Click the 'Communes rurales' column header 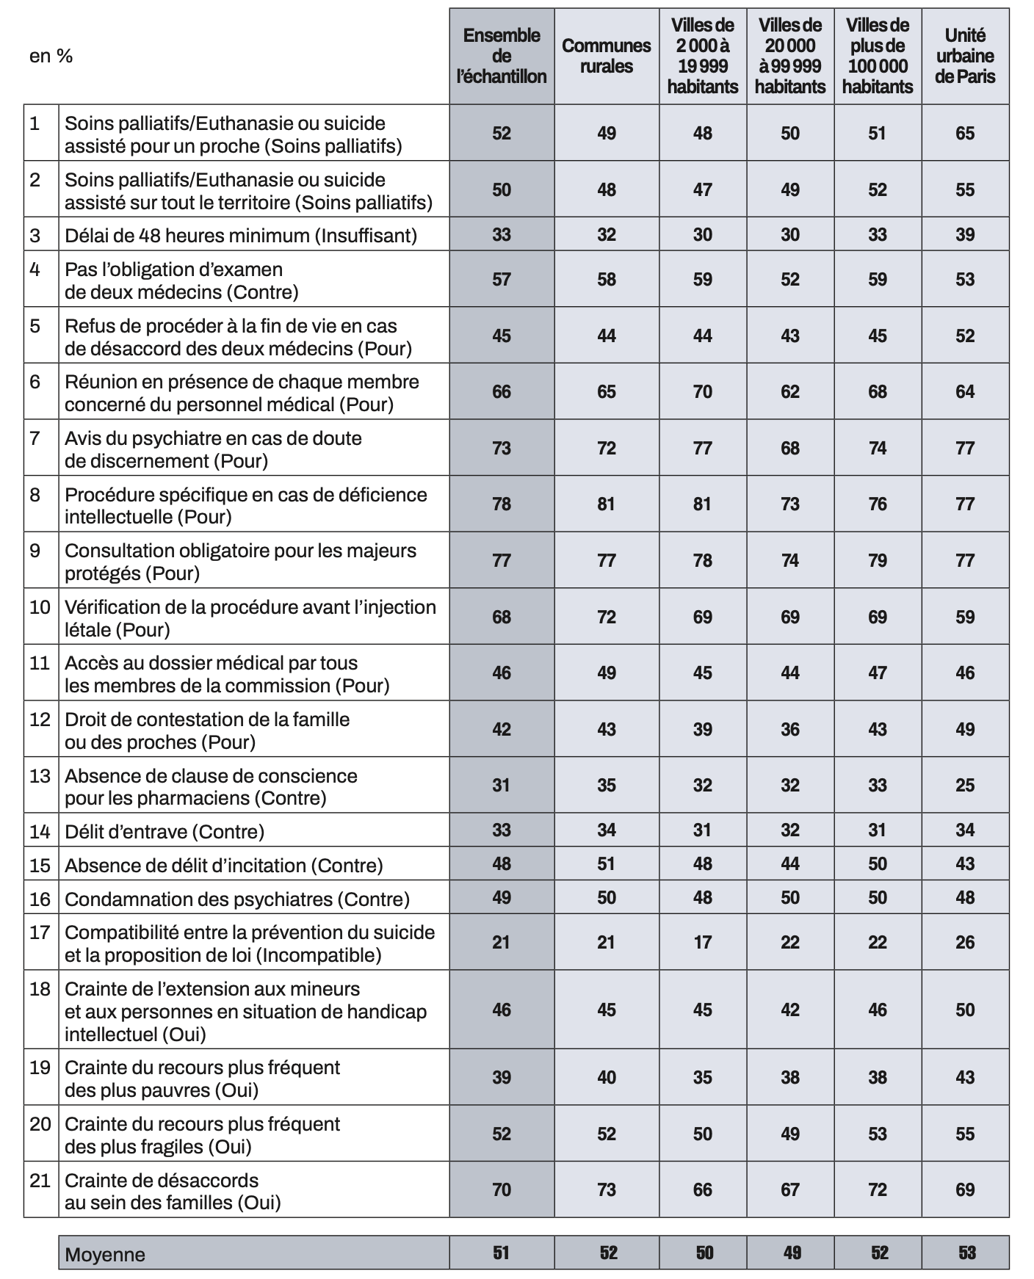607,56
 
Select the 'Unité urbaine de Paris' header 965,56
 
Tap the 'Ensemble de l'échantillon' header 502,56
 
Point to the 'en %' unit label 51,57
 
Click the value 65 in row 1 965,133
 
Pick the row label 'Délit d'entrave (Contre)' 164,831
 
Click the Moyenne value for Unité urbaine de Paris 966,1253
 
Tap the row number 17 40,932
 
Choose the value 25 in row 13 965,785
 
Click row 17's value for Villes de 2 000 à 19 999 703,942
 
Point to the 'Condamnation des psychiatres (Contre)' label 237,899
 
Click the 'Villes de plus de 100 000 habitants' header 878,56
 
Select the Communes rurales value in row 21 607,1189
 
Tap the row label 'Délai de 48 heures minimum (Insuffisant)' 241,235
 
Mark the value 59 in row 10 965,617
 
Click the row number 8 35,494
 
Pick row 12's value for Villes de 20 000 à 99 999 790,729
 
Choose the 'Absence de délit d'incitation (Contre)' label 224,865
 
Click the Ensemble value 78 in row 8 502,504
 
